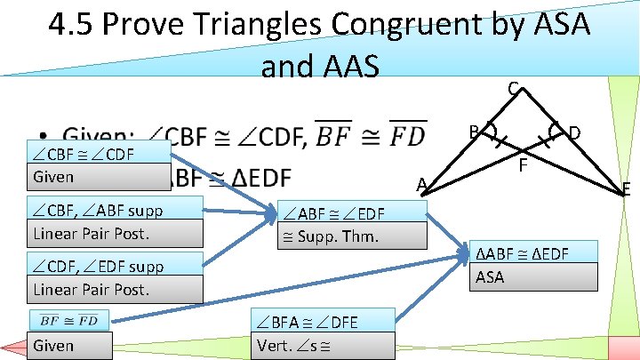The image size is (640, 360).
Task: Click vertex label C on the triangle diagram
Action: pos(513,89)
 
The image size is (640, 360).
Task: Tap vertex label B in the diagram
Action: pos(475,132)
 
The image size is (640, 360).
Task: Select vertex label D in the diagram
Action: pos(575,133)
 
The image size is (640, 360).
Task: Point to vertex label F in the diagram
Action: pos(524,164)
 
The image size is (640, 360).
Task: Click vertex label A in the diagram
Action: pos(424,185)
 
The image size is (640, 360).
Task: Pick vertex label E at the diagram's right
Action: pos(627,188)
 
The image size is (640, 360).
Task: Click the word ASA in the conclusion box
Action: pos(490,277)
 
